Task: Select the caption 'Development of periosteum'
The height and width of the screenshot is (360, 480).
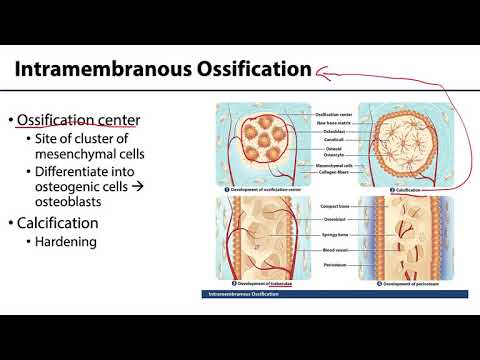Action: [x=415, y=285]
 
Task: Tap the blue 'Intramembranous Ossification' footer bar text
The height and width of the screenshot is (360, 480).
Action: [x=245, y=295]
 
